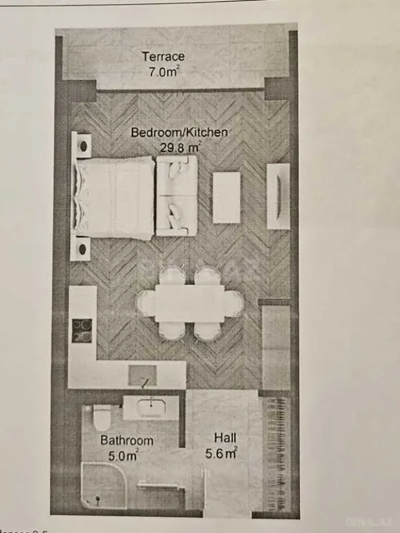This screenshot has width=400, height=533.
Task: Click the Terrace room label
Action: pos(163,57)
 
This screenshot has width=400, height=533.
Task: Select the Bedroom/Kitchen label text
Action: pos(179,133)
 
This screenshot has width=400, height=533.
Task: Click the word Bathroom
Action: pos(127,440)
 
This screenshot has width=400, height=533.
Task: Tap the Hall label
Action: pos(223,438)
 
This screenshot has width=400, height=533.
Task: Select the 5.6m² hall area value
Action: pos(223,454)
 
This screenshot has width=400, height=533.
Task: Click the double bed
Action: pos(115,197)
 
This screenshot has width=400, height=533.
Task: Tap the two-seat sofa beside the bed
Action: pos(177,195)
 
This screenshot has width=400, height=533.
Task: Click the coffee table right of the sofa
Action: pos(227,197)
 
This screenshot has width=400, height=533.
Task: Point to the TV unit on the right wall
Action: pos(278,197)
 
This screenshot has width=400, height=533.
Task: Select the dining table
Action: pos(190,303)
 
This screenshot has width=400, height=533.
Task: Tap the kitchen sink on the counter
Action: pos(143,376)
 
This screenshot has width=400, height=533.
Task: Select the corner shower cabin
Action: pos(103,485)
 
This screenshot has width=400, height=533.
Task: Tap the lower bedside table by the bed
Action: pos(81,249)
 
